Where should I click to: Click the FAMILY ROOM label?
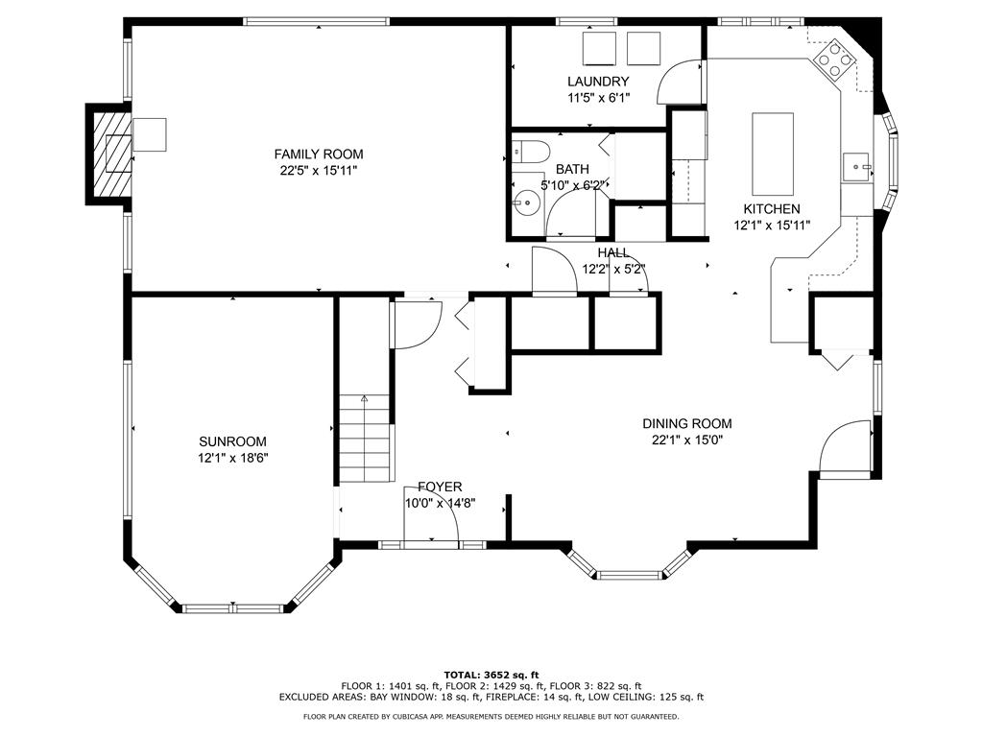pyautogui.click(x=319, y=155)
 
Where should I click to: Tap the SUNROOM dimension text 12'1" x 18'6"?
pyautogui.click(x=233, y=458)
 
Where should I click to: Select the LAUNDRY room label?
pyautogui.click(x=598, y=82)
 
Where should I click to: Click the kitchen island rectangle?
pyautogui.click(x=773, y=155)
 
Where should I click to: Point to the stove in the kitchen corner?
pyautogui.click(x=834, y=59)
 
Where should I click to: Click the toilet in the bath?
pyautogui.click(x=530, y=152)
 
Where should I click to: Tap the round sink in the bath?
pyautogui.click(x=527, y=202)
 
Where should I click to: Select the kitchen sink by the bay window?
pyautogui.click(x=857, y=167)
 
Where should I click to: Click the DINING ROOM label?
pyautogui.click(x=687, y=424)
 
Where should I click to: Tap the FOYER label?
pyautogui.click(x=440, y=487)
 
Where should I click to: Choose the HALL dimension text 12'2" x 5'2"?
pyautogui.click(x=613, y=270)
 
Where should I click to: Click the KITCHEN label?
pyautogui.click(x=772, y=209)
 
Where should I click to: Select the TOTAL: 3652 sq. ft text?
pyautogui.click(x=491, y=675)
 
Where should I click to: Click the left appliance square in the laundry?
pyautogui.click(x=601, y=48)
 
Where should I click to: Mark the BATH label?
pyautogui.click(x=572, y=169)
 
